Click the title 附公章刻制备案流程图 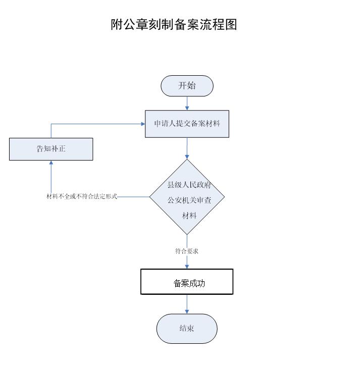[x=174, y=24]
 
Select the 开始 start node [x=187, y=86]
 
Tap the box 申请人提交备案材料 [x=187, y=124]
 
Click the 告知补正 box [x=51, y=149]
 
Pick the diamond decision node [x=187, y=197]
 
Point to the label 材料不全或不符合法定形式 [x=82, y=196]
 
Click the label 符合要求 [x=187, y=251]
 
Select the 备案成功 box [x=187, y=282]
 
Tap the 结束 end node [x=187, y=328]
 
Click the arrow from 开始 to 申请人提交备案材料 [x=187, y=103]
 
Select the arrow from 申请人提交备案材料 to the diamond [x=187, y=148]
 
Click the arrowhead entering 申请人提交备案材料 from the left [x=142, y=124]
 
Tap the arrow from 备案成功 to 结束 [x=187, y=304]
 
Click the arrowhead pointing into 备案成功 [x=187, y=266]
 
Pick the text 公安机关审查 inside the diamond [x=189, y=200]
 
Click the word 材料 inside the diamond [x=189, y=216]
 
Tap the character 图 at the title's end [x=231, y=24]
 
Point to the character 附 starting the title [x=117, y=24]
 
